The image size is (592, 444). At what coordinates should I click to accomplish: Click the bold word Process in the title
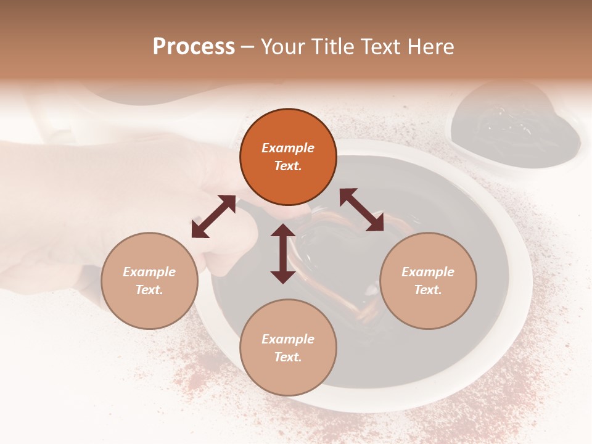coord(194,47)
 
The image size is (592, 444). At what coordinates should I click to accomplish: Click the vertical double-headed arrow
coord(283,253)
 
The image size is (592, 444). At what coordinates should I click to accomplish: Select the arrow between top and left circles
coord(213,216)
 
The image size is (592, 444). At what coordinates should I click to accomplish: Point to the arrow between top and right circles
coord(362,210)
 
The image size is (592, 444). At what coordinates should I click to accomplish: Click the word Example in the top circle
coord(288,148)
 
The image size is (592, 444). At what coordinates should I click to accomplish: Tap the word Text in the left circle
coord(149,290)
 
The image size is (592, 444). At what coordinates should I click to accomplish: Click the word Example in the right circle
coord(428,272)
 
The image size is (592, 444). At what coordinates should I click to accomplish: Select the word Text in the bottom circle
coord(288,357)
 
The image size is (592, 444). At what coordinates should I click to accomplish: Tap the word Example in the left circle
coord(149,272)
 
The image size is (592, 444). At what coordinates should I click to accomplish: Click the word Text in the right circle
coord(428,290)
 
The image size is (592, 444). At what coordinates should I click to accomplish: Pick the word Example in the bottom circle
coord(288,339)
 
